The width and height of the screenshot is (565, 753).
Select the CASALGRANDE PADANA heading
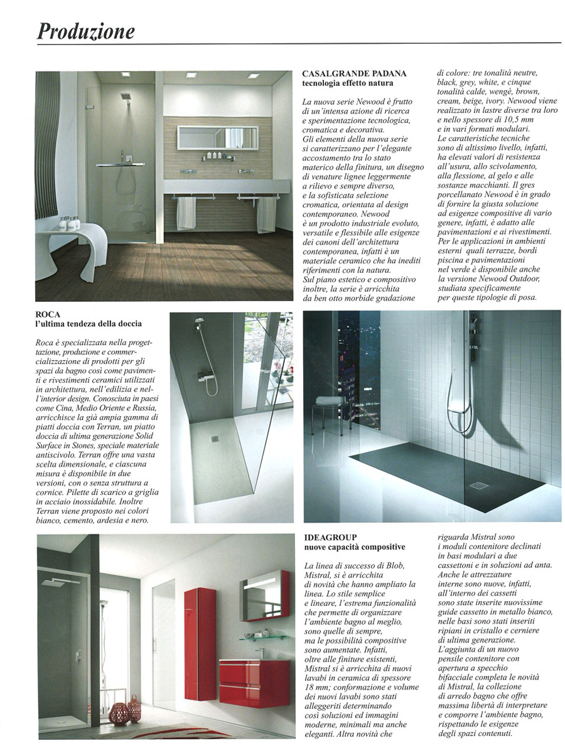tap(354, 74)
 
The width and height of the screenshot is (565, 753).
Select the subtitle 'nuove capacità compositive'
tap(354, 547)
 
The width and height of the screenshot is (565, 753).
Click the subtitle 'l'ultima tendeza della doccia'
tap(89, 324)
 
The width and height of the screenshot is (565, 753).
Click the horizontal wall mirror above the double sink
tap(217, 137)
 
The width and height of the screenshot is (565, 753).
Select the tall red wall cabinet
tap(200, 643)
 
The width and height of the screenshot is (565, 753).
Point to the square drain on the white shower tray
tap(215, 439)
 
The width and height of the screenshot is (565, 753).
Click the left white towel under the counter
tap(186, 213)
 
